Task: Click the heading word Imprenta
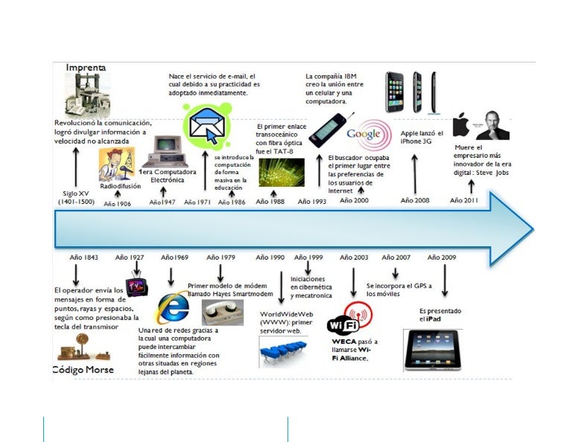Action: (86, 68)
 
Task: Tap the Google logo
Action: (368, 135)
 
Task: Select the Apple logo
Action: (461, 125)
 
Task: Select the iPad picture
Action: (432, 349)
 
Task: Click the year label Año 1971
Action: (197, 202)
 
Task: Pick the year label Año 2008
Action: (415, 200)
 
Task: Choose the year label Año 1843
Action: (84, 257)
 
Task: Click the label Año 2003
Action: (354, 257)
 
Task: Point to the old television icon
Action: (136, 287)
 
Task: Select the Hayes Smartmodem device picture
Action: (223, 312)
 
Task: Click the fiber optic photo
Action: (281, 172)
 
